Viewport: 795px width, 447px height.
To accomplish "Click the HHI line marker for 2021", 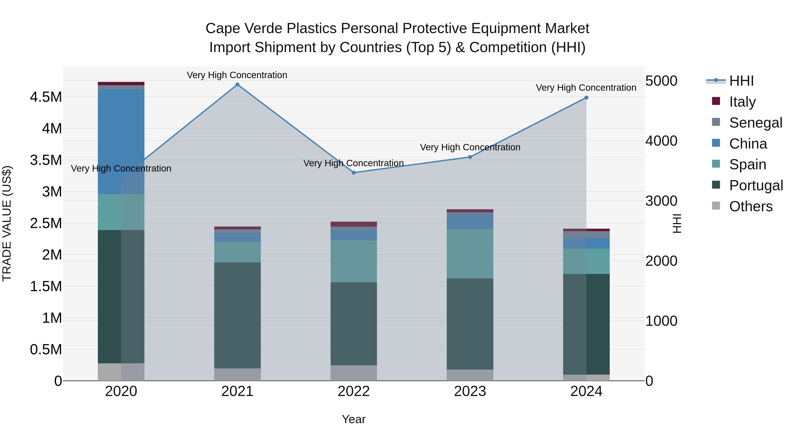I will coord(237,85).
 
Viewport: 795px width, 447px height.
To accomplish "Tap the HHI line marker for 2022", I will coord(354,173).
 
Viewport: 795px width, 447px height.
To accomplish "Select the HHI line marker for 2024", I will coord(586,98).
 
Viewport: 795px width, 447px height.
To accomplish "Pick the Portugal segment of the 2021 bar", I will coord(237,315).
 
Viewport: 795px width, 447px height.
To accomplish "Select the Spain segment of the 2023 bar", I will coord(470,254).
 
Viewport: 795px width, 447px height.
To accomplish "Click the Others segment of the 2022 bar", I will coord(354,373).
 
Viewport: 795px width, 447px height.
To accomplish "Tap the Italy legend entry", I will coord(742,102).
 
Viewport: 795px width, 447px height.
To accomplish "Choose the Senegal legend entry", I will coord(755,123).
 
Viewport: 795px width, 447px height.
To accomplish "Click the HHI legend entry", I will coord(741,81).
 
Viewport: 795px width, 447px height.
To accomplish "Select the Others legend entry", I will coord(751,206).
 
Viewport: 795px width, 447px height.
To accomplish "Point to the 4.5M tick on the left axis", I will coord(46,97).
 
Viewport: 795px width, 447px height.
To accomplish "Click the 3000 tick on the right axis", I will coord(661,201).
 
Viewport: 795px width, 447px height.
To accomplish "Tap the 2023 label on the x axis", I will coord(470,391).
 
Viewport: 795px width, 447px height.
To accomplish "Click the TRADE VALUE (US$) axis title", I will coord(7,223).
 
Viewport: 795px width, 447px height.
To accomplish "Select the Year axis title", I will coord(354,419).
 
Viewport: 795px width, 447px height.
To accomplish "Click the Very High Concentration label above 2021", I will coord(237,75).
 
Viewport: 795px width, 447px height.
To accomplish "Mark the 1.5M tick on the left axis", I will coord(46,287).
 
